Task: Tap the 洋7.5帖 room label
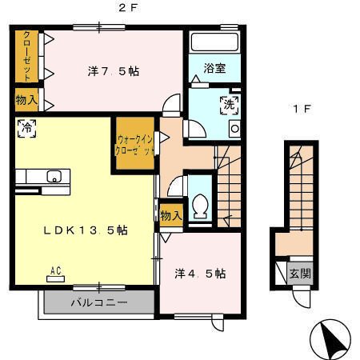(x=113, y=71)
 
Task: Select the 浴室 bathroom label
(x=213, y=69)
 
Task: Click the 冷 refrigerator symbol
(x=26, y=127)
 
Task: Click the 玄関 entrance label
(x=300, y=273)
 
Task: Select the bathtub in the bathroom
(x=213, y=44)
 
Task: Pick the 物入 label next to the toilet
(x=170, y=215)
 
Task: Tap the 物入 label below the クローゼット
(x=26, y=101)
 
